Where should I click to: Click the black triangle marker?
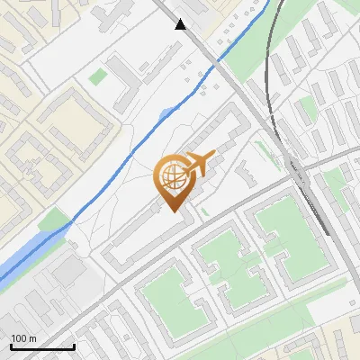pos(182,24)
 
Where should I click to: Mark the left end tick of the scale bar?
pos(11,346)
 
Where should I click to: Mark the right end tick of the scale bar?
pos(74,346)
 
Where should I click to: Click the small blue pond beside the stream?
pos(166,114)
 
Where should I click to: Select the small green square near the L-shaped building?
pos(96,78)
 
